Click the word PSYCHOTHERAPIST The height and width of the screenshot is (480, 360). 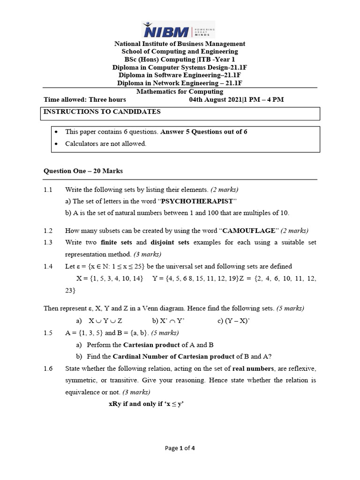(197, 201)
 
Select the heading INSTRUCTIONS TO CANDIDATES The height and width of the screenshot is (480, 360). (102, 112)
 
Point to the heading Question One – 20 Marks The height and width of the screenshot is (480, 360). (83, 171)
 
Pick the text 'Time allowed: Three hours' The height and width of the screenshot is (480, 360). (85, 99)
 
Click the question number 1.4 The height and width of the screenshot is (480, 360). (48, 266)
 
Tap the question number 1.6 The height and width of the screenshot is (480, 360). (48, 368)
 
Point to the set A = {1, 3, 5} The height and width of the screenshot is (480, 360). (84, 333)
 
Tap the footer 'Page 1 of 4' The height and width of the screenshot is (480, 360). (180, 448)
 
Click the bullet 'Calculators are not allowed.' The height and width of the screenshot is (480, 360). (105, 143)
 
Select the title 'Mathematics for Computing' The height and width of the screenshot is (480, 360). (180, 91)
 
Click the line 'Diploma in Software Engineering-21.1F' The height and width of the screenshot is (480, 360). (180, 75)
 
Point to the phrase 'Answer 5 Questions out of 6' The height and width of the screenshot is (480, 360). (204, 132)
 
